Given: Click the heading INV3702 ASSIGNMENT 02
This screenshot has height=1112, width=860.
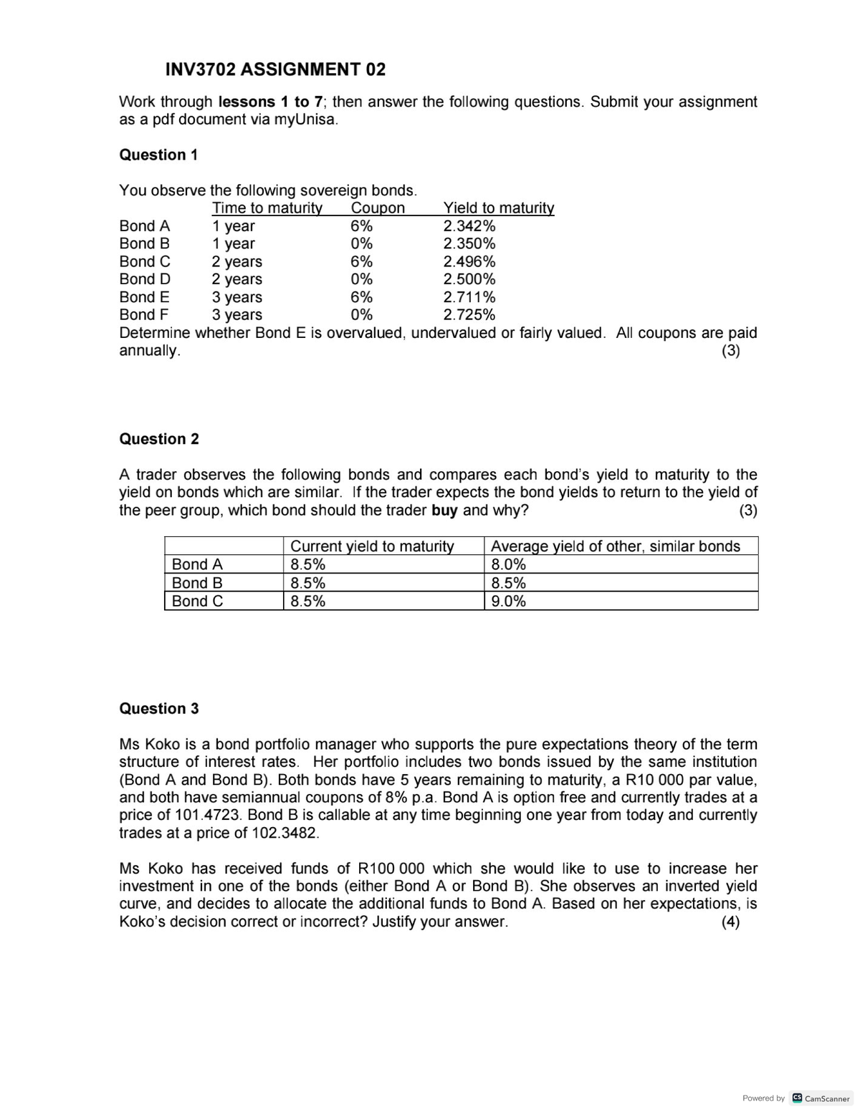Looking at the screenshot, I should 275,69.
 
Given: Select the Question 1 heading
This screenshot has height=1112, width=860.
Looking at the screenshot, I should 158,155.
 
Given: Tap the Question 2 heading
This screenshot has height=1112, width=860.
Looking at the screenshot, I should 159,439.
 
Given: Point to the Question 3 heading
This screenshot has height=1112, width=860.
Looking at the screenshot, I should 159,708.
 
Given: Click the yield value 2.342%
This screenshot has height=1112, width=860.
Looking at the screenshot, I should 469,226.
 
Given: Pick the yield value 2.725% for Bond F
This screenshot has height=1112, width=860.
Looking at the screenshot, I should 469,315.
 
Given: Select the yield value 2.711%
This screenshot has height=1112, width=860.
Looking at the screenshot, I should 469,297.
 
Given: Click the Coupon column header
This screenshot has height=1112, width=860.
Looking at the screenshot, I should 378,208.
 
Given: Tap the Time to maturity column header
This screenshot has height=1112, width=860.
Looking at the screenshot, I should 267,208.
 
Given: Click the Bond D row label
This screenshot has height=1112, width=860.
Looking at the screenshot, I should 145,279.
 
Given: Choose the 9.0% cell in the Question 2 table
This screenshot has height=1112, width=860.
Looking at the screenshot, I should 509,601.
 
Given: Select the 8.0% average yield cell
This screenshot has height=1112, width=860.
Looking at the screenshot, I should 509,564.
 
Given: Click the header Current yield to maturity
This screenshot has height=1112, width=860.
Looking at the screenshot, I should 372,546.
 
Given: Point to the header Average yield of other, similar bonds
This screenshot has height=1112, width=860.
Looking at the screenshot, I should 616,546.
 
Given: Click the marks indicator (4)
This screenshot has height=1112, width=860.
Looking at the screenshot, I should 730,922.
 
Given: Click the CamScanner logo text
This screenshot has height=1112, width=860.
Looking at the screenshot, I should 827,1098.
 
